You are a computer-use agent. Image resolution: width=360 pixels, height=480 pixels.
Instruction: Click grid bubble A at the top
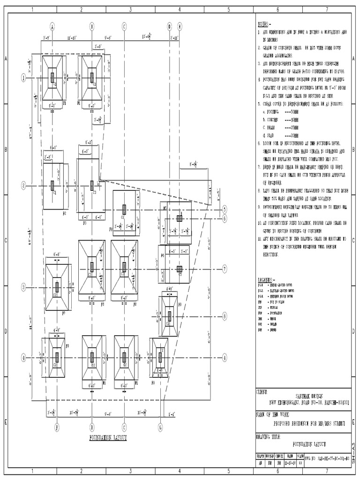pyautogui.click(x=52, y=27)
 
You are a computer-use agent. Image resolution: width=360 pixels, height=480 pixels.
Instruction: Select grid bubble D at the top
pyautogui.click(x=170, y=27)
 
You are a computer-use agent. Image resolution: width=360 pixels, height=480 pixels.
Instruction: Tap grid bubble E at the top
pyautogui.click(x=180, y=27)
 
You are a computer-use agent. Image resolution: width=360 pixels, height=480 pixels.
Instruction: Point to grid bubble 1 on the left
pyautogui.click(x=23, y=78)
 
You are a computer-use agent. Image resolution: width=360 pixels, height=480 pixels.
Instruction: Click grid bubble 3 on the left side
pyautogui.click(x=23, y=287)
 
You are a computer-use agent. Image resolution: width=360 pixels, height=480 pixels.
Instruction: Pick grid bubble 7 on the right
pyautogui.click(x=225, y=269)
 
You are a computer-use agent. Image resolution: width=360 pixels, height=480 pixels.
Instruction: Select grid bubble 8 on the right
pyautogui.click(x=225, y=317)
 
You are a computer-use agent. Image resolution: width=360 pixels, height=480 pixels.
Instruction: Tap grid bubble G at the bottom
pyautogui.click(x=160, y=427)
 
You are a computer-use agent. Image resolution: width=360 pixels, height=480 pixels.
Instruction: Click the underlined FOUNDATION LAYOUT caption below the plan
pyautogui.click(x=108, y=437)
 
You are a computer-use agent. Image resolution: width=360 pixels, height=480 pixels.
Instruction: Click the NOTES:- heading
pyautogui.click(x=264, y=23)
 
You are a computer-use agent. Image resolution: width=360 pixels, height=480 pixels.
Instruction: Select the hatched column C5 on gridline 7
pyautogui.click(x=179, y=269)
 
